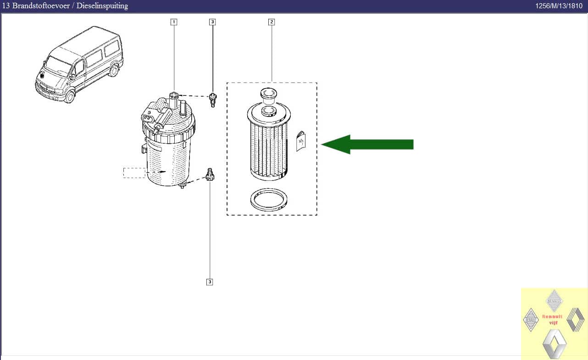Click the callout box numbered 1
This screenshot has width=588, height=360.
[173, 22]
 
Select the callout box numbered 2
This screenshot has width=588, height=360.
[272, 22]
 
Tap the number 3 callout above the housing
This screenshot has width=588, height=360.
[212, 22]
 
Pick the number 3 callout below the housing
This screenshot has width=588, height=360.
[210, 282]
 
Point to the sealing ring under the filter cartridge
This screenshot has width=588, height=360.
[269, 200]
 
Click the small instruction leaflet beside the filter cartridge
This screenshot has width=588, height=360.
[300, 141]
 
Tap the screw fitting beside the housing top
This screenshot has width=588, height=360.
[212, 99]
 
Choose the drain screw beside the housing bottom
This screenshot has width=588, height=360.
[211, 174]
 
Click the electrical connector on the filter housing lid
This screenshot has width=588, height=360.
[148, 117]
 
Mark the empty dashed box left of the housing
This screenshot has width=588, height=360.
[134, 172]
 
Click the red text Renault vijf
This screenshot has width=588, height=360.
[552, 319]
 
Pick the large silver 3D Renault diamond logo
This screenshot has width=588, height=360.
[554, 344]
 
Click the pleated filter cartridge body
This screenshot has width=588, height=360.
[268, 147]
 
